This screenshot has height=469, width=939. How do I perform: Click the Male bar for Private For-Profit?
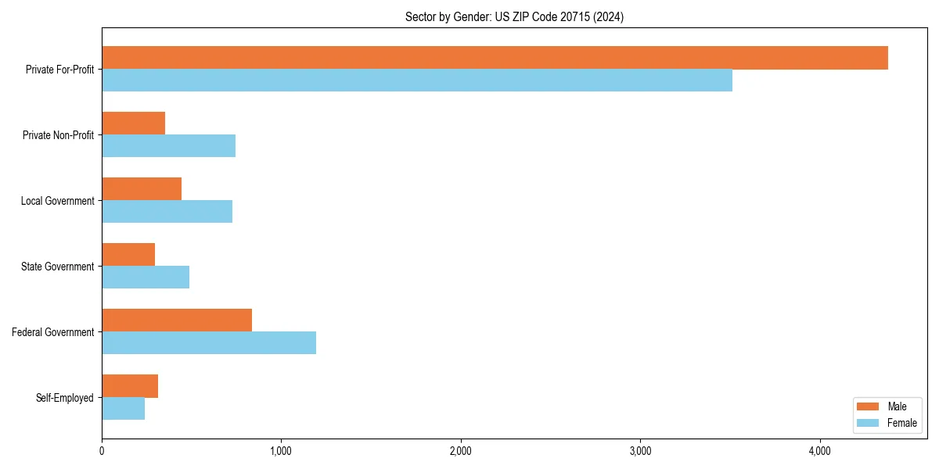pos(495,58)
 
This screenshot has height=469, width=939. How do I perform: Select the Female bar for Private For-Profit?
pos(417,81)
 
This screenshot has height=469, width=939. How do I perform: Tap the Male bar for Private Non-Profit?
pos(134,124)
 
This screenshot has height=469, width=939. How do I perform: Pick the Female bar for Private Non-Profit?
pos(169,146)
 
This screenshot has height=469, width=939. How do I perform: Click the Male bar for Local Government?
pos(142,189)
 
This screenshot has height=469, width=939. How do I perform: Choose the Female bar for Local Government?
pos(167,212)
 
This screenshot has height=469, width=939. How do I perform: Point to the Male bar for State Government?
pos(128,255)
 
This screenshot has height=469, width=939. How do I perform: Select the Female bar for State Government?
pos(146,277)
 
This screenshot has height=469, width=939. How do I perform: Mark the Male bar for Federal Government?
pos(177,320)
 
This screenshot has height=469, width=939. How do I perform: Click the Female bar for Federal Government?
pos(209,343)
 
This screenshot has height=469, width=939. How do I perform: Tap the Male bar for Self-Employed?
pos(130,386)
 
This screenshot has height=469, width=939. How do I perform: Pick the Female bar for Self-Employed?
pos(124,409)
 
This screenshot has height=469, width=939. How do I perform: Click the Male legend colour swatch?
pos(869,406)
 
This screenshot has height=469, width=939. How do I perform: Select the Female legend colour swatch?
pos(869,423)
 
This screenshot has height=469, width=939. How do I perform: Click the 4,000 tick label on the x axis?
pos(819,451)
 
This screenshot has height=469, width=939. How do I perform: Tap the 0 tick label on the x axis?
pos(102,451)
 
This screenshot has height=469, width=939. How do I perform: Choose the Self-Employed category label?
pos(65,398)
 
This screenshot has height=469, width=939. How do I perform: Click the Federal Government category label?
pos(53,332)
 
